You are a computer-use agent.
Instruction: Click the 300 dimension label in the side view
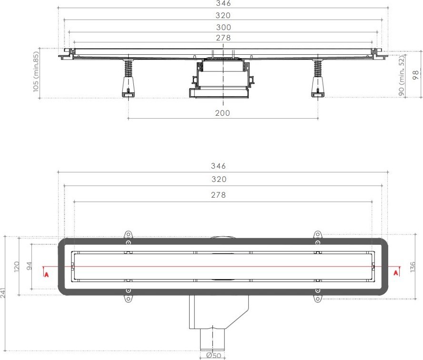tap(223, 27)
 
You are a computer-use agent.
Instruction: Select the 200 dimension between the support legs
tap(222, 113)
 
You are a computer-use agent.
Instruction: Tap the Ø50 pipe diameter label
tap(214, 356)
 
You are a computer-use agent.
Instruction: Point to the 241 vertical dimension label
tap(3, 292)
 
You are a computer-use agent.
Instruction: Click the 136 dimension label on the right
tap(413, 267)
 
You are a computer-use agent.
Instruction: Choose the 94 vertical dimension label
tap(30, 266)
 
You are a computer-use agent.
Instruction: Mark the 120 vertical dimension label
tap(17, 266)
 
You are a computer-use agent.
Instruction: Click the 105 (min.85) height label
tap(36, 72)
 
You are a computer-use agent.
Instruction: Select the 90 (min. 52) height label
tap(402, 76)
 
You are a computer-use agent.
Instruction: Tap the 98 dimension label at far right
tap(416, 75)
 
